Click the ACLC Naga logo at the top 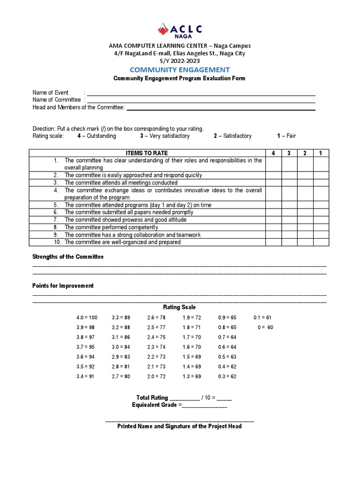(180, 30)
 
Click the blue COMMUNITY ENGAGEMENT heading (180, 70)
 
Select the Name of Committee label (56, 100)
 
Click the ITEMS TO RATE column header (147, 153)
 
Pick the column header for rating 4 (273, 153)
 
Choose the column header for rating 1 (321, 153)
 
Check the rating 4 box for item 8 (273, 227)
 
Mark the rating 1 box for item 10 (321, 242)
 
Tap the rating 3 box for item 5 (289, 205)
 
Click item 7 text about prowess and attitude (125, 220)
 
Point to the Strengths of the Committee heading (68, 257)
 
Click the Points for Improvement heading (63, 286)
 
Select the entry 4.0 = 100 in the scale (87, 318)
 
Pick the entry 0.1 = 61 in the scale (262, 318)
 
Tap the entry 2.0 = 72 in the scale (157, 376)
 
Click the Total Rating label (152, 397)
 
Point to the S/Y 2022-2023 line (180, 60)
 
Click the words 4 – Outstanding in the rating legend (97, 136)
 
